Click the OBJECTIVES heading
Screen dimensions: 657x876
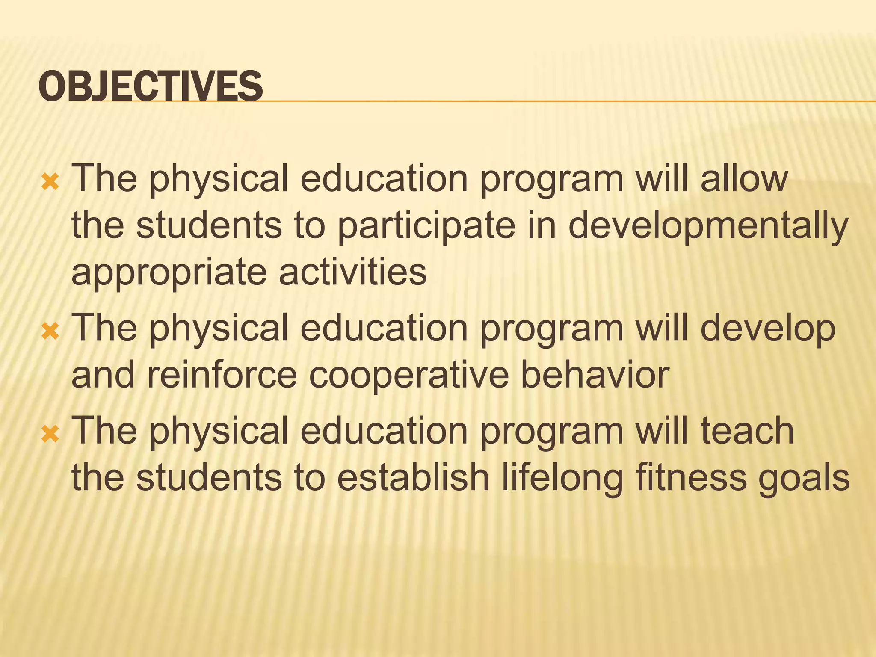coord(151,86)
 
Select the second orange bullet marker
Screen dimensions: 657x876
coord(50,331)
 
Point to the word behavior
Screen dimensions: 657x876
coord(595,375)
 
